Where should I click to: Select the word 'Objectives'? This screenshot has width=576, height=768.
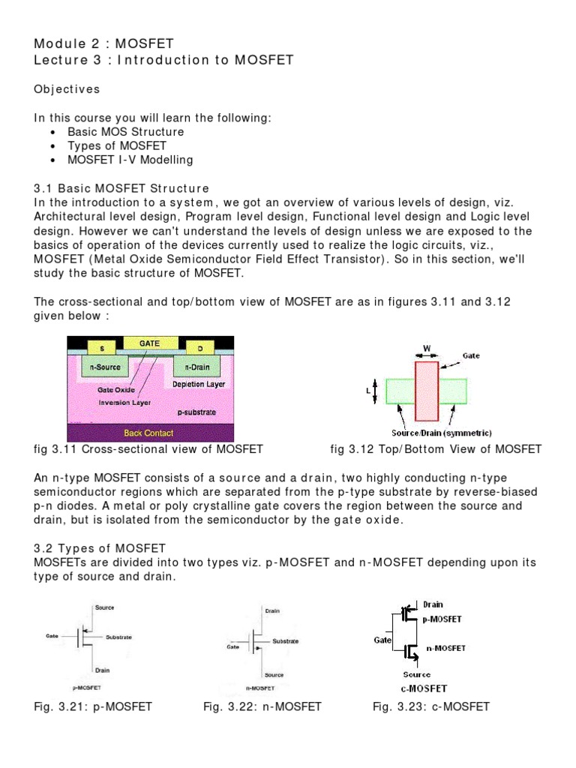click(x=67, y=89)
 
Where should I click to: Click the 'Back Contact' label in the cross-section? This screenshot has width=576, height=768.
click(x=148, y=433)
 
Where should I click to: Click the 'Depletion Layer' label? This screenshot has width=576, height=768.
click(x=199, y=384)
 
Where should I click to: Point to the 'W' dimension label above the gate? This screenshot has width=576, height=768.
click(x=425, y=347)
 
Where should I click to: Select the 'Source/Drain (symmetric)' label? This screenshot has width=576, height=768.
click(x=430, y=433)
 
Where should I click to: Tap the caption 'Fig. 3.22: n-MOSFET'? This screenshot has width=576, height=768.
click(x=262, y=706)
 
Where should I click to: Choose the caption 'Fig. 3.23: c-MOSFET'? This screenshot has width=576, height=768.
click(x=431, y=706)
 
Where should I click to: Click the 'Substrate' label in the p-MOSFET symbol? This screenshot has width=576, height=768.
click(x=118, y=637)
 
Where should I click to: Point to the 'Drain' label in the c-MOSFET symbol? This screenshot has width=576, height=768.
click(x=433, y=604)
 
